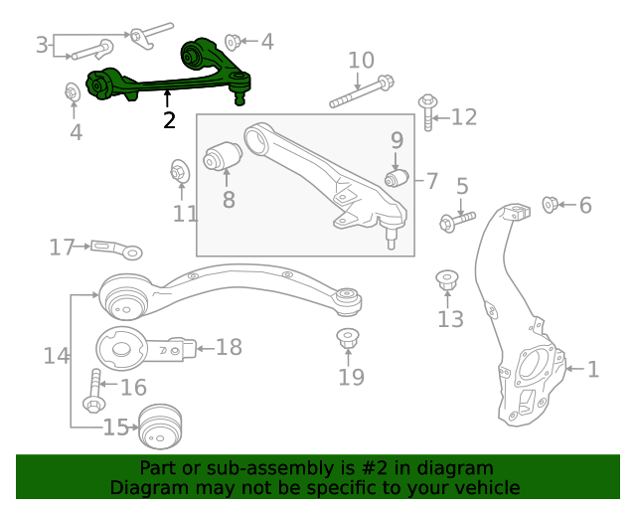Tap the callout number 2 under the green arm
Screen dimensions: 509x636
(x=169, y=120)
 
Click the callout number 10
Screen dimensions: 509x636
(x=361, y=60)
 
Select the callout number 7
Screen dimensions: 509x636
(x=432, y=181)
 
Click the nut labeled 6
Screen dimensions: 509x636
(x=550, y=206)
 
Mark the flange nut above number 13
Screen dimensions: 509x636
(x=448, y=281)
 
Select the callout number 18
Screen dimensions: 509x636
(x=229, y=347)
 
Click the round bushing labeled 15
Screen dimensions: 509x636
(x=161, y=427)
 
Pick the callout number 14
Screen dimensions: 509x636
(x=57, y=354)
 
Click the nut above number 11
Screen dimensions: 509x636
(x=180, y=172)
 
